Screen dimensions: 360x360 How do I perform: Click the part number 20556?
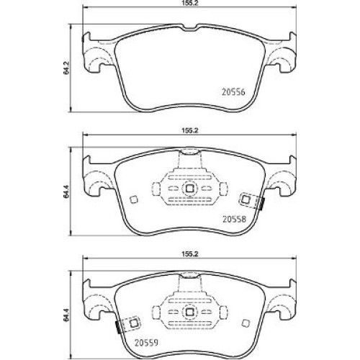coord(233,92)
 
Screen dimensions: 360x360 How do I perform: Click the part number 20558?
coord(235,219)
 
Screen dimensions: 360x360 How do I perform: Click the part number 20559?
coord(146,343)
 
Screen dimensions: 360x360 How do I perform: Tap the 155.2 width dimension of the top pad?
coord(189,4)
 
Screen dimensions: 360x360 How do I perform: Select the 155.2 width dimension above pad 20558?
coord(189,130)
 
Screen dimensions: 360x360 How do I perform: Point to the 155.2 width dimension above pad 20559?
coord(189,254)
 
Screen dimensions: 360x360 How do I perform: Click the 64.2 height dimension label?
coord(66,68)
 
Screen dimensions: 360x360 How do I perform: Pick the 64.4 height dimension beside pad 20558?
coord(66,192)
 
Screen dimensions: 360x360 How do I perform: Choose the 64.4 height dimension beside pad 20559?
coord(66,315)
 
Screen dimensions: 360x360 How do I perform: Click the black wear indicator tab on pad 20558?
coord(262,204)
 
